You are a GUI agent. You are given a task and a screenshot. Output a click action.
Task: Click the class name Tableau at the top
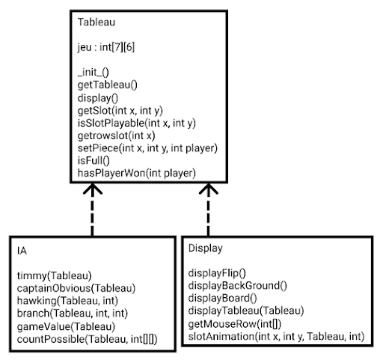pyautogui.click(x=96, y=22)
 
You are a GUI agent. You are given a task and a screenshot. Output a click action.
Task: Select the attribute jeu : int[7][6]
pyautogui.click(x=106, y=47)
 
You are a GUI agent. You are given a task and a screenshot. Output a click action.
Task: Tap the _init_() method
pyautogui.click(x=94, y=73)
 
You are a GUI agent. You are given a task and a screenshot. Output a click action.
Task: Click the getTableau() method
pyautogui.click(x=108, y=85)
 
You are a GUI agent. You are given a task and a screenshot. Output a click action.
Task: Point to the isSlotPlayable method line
pyautogui.click(x=137, y=123)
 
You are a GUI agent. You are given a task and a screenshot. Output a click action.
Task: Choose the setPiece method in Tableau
pyautogui.click(x=147, y=148)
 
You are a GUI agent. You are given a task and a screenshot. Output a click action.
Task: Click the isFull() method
pyautogui.click(x=94, y=161)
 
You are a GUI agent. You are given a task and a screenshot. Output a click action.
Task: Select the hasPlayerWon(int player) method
pyautogui.click(x=137, y=173)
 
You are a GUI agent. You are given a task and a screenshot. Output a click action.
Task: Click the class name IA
pyautogui.click(x=22, y=251)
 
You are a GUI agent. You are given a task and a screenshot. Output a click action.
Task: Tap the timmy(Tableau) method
pyautogui.click(x=55, y=275)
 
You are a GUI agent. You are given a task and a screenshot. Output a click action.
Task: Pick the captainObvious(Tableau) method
pyautogui.click(x=76, y=288)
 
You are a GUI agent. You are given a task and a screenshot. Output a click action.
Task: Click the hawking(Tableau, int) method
pyautogui.click(x=67, y=301)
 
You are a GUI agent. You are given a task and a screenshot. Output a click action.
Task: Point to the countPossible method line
pyautogui.click(x=88, y=339)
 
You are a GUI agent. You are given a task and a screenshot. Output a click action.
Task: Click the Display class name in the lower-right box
pyautogui.click(x=205, y=248)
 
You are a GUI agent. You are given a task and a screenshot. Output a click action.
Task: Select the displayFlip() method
pyautogui.click(x=217, y=273)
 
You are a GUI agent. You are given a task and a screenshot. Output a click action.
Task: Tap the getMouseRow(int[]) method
pyautogui.click(x=235, y=324)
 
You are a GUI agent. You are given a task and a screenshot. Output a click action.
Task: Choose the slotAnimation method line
pyautogui.click(x=276, y=337)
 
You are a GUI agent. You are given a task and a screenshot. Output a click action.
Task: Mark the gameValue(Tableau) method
pyautogui.click(x=66, y=326)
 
